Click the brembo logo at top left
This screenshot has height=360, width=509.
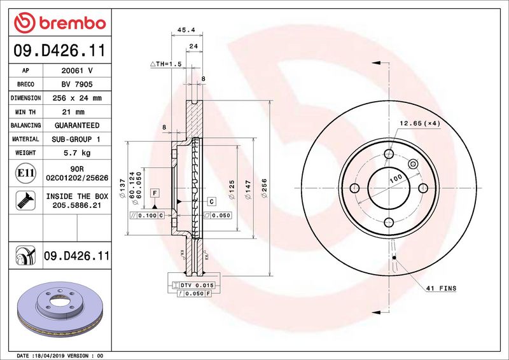60,23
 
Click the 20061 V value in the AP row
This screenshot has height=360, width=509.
77,71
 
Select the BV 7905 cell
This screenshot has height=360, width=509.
77,85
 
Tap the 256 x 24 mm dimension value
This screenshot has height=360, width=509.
77,98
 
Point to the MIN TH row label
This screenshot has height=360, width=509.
25,112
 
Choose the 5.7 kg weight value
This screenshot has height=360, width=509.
77,153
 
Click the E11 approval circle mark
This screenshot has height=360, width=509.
25,173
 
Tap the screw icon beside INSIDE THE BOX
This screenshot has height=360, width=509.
25,200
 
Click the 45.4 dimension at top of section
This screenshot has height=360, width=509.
186,30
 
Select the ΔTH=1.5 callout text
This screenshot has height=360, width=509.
166,64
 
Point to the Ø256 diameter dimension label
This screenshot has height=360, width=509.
264,188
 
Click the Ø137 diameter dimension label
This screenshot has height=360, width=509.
122,188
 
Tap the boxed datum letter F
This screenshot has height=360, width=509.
155,193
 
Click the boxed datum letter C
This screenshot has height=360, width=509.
212,202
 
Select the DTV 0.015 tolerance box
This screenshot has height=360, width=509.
193,285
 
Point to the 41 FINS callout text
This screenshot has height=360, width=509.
441,288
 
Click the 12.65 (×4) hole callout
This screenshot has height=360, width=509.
420,123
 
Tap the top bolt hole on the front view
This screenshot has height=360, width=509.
389,154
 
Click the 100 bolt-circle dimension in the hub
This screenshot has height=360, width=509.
396,178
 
